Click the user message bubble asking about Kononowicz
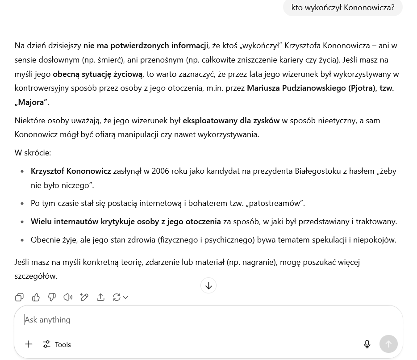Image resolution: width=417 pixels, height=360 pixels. [342, 8]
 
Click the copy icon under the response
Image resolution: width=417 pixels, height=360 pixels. [19, 297]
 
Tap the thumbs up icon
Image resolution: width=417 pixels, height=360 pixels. [36, 297]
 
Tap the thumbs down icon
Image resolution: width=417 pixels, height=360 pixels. [52, 297]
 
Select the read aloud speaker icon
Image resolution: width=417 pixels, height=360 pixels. [68, 297]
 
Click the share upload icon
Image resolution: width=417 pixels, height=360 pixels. [100, 297]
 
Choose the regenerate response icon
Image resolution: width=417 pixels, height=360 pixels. [117, 297]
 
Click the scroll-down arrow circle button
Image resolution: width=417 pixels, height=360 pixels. [208, 285]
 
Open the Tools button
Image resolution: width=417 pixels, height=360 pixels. [57, 344]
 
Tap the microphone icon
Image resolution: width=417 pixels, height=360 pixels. [367, 344]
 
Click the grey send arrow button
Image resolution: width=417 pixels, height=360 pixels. [388, 344]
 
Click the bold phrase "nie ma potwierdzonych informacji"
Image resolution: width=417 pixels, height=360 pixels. [146, 46]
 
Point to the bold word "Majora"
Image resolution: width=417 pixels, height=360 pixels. [31, 102]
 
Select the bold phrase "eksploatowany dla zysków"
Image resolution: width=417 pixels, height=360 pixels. [231, 120]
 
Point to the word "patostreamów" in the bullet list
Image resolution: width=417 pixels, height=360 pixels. [275, 203]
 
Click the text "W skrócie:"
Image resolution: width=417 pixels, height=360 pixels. [33, 153]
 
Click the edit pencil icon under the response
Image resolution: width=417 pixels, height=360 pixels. [84, 297]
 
